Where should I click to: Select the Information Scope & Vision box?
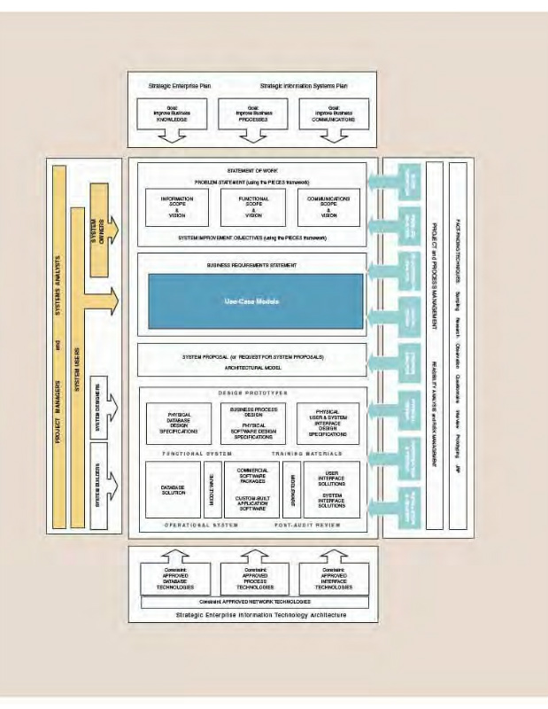(176, 207)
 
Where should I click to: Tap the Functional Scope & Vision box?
(253, 207)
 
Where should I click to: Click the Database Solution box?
(174, 489)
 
